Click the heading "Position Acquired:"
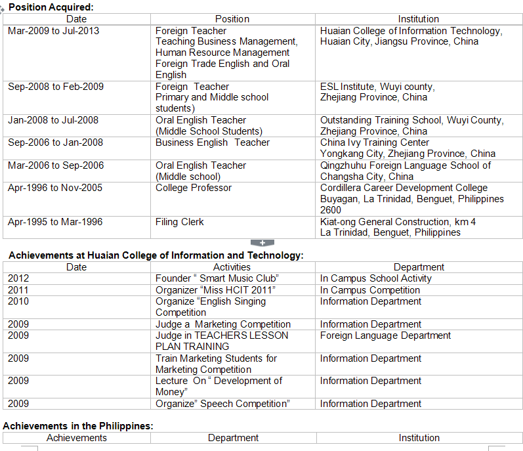51,7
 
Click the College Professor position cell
194,188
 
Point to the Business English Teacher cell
213,142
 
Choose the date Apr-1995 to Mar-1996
55,222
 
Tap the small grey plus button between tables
262,243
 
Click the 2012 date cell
18,278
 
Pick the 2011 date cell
18,290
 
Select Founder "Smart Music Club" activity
217,278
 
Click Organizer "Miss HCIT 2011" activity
215,290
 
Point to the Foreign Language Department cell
385,335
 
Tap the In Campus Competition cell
370,290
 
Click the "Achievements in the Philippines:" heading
78,426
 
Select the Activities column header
232,267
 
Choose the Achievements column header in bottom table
76,438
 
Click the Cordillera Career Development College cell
404,188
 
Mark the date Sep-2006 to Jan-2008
56,142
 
